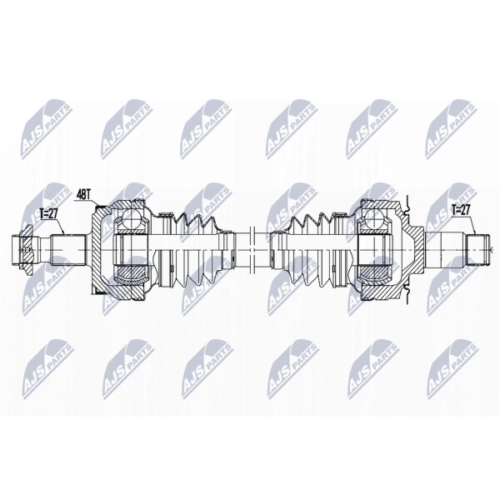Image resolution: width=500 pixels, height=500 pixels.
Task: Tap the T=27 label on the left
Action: pyautogui.click(x=48, y=214)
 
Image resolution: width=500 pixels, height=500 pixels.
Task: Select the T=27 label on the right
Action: pyautogui.click(x=461, y=210)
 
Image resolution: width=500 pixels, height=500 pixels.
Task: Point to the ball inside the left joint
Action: pyautogui.click(x=132, y=218)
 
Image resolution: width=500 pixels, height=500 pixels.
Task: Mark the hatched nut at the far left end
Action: pyautogui.click(x=27, y=250)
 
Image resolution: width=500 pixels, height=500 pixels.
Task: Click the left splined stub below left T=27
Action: pyautogui.click(x=68, y=250)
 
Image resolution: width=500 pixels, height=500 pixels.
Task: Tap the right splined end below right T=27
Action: pyautogui.click(x=478, y=250)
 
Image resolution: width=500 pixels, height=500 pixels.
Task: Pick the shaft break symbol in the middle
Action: pyautogui.click(x=252, y=250)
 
